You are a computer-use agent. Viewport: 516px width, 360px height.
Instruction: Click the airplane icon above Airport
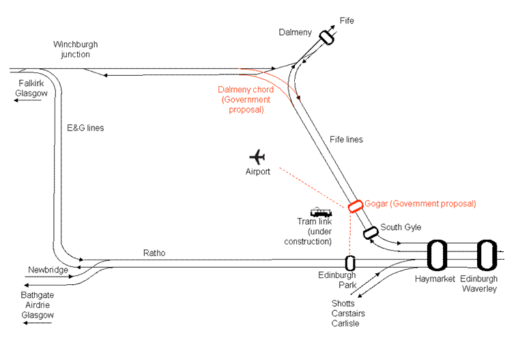[257, 156]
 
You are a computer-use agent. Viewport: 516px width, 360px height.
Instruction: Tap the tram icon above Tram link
[321, 212]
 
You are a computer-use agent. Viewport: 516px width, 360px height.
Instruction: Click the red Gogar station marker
[355, 206]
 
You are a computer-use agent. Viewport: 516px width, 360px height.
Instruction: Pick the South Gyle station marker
[371, 232]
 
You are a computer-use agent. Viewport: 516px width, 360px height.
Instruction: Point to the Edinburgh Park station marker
[350, 262]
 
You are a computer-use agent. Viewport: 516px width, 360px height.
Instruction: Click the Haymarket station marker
[437, 255]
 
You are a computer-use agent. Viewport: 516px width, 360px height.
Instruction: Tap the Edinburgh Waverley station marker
[485, 255]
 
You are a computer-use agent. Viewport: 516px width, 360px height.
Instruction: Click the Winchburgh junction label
[72, 49]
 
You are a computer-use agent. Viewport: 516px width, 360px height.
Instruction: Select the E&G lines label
[85, 128]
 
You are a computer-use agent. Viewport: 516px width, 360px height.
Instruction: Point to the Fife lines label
[346, 139]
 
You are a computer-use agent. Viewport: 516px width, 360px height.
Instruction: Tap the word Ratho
[154, 253]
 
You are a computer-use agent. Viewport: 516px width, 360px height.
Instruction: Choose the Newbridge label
[48, 270]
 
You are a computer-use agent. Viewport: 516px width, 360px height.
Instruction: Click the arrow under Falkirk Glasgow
[28, 100]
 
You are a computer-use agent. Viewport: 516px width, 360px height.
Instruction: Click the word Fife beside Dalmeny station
[347, 21]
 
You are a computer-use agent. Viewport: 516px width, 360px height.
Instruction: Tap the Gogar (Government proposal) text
[420, 204]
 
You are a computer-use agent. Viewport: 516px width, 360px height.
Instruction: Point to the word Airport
[258, 171]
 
